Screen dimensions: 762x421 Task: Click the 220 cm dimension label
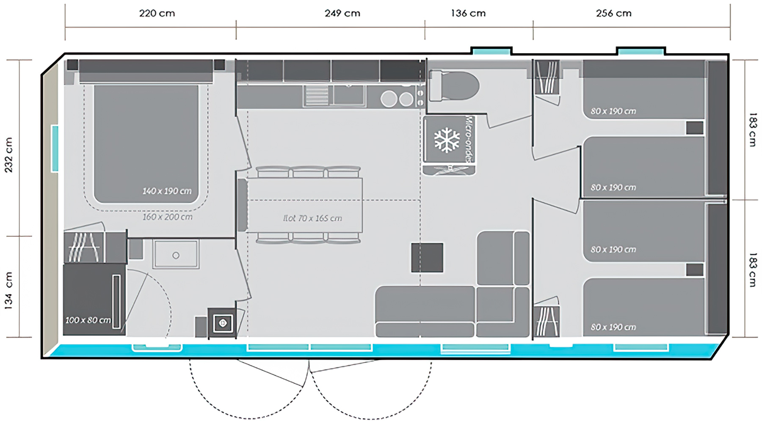pos(157,14)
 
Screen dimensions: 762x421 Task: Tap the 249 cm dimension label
pos(342,14)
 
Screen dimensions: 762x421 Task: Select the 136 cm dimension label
pos(468,14)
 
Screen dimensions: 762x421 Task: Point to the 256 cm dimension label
pos(614,14)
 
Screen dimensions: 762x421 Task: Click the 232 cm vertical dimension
pos(9,155)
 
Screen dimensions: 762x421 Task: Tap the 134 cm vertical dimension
pos(9,291)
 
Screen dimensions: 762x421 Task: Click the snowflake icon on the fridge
pos(447,140)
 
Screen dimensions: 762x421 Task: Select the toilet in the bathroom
pos(454,86)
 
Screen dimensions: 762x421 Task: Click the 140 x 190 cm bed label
pos(167,191)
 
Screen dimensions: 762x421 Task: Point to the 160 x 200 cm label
pos(167,217)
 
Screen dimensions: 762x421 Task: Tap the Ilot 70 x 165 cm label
pos(312,218)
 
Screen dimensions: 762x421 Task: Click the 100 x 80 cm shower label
pos(88,320)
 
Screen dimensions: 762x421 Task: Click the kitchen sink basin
pos(349,95)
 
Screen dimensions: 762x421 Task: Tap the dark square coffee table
pos(427,257)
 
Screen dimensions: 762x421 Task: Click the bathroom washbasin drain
pos(176,256)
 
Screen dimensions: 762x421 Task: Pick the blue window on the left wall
pos(55,149)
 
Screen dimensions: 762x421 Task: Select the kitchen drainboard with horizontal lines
pos(316,95)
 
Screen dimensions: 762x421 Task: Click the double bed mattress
pos(146,144)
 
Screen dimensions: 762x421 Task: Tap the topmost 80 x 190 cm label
pos(613,111)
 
